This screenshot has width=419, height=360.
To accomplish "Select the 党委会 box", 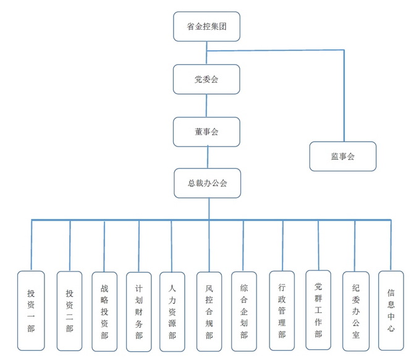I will click(x=206, y=79).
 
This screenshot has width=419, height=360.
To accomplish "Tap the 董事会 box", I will click(x=206, y=131).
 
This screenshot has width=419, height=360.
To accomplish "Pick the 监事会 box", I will click(x=342, y=156).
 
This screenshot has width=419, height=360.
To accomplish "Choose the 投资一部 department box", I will click(x=31, y=311).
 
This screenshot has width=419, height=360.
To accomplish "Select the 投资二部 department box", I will click(x=69, y=311).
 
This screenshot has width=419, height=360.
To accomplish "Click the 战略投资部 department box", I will click(x=104, y=312).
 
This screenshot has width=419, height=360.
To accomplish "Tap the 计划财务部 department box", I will click(x=138, y=312).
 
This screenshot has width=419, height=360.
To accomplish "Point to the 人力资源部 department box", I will click(x=172, y=312).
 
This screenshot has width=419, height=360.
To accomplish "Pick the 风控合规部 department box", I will click(x=209, y=312).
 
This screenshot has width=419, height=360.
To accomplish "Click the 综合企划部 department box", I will click(x=243, y=312).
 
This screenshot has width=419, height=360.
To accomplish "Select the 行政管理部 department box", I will click(x=282, y=311).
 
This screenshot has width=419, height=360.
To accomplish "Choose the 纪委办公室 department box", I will click(x=355, y=311).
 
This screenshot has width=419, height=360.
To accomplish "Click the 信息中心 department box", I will click(x=391, y=311).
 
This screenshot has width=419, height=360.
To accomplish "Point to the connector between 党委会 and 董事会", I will click(x=206, y=105).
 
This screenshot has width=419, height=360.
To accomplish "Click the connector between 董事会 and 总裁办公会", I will click(x=208, y=157).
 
